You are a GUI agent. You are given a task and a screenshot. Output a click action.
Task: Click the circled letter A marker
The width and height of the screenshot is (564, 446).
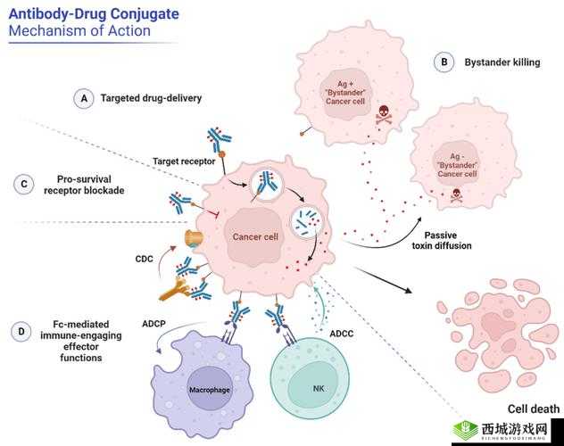pos(84,98)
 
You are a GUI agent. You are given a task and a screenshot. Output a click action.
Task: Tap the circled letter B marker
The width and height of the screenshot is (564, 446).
pos(444,62)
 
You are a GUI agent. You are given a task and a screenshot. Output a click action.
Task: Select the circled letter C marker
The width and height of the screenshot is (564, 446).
pos(22,185)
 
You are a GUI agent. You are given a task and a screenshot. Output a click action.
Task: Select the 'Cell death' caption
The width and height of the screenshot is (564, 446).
pos(533,409)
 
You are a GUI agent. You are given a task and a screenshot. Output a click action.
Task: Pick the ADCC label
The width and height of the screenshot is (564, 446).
pos(342,334)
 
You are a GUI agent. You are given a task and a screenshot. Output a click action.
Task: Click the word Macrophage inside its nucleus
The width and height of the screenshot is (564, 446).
pos(209,391)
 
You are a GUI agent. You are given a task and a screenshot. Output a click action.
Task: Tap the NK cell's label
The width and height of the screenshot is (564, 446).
pos(319,390)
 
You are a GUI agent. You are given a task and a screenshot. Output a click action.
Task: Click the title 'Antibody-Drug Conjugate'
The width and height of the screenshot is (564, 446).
pos(93,13)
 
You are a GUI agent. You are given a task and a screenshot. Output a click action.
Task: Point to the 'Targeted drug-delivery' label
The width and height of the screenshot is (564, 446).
pos(151,98)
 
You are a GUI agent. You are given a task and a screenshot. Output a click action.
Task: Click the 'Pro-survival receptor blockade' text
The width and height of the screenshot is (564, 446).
pos(83,185)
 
